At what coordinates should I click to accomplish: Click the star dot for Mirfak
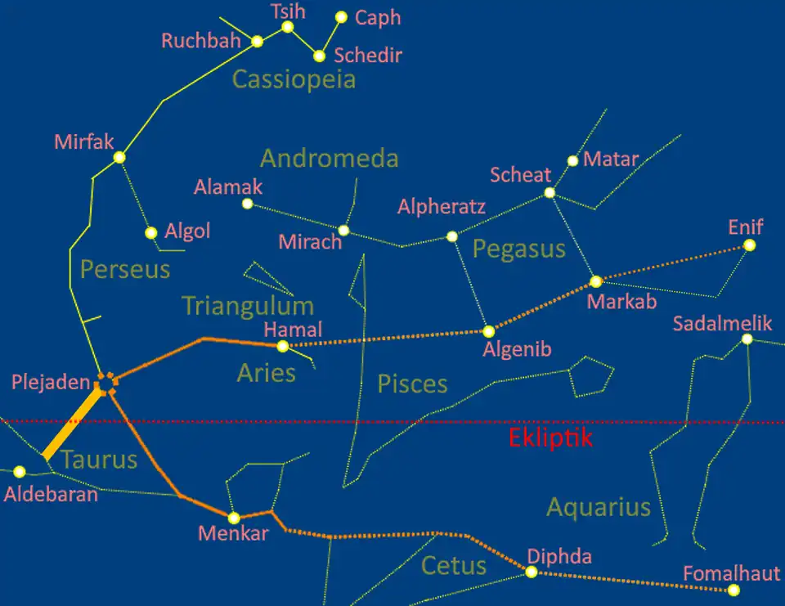point(119,157)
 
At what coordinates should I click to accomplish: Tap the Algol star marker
point(151,233)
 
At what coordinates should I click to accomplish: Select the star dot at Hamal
point(283,346)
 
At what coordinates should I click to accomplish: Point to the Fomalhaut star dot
point(733,590)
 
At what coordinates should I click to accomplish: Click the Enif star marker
point(749,245)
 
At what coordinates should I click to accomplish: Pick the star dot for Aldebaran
point(20,472)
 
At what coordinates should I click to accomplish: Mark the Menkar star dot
point(234,518)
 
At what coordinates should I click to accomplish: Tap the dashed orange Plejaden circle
point(105,381)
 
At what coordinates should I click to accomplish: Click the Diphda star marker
point(532,572)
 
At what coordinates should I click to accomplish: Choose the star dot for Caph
point(341,17)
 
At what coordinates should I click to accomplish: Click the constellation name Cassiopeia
point(294,79)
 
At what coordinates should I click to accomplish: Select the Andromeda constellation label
point(329,158)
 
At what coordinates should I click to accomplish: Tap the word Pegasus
point(519,249)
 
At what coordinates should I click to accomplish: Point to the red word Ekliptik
point(549,438)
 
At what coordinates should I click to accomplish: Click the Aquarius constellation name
point(598,507)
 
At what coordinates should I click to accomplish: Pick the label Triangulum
point(247,306)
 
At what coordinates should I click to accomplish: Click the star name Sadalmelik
point(722,323)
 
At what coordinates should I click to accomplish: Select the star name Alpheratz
point(442,207)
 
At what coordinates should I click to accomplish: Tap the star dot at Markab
point(596,281)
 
